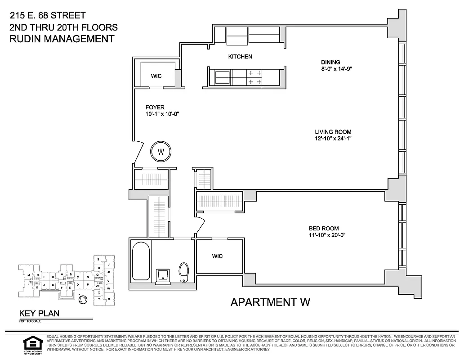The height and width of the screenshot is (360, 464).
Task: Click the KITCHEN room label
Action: (240, 57)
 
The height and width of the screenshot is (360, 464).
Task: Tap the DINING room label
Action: (330, 63)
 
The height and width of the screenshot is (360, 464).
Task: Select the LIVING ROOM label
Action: (333, 132)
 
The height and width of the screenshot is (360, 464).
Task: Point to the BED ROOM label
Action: (323, 228)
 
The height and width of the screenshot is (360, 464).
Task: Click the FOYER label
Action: (155, 107)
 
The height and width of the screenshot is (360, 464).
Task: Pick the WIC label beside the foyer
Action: (156, 76)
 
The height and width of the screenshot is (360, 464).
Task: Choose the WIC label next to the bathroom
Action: (218, 256)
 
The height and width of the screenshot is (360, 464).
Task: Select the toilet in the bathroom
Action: (183, 271)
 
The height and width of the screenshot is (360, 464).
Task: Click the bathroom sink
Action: (163, 275)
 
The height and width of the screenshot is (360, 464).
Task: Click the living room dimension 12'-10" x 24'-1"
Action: (333, 139)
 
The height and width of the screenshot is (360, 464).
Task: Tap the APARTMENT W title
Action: (270, 302)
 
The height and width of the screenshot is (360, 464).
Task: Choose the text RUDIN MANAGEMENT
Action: (62, 39)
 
